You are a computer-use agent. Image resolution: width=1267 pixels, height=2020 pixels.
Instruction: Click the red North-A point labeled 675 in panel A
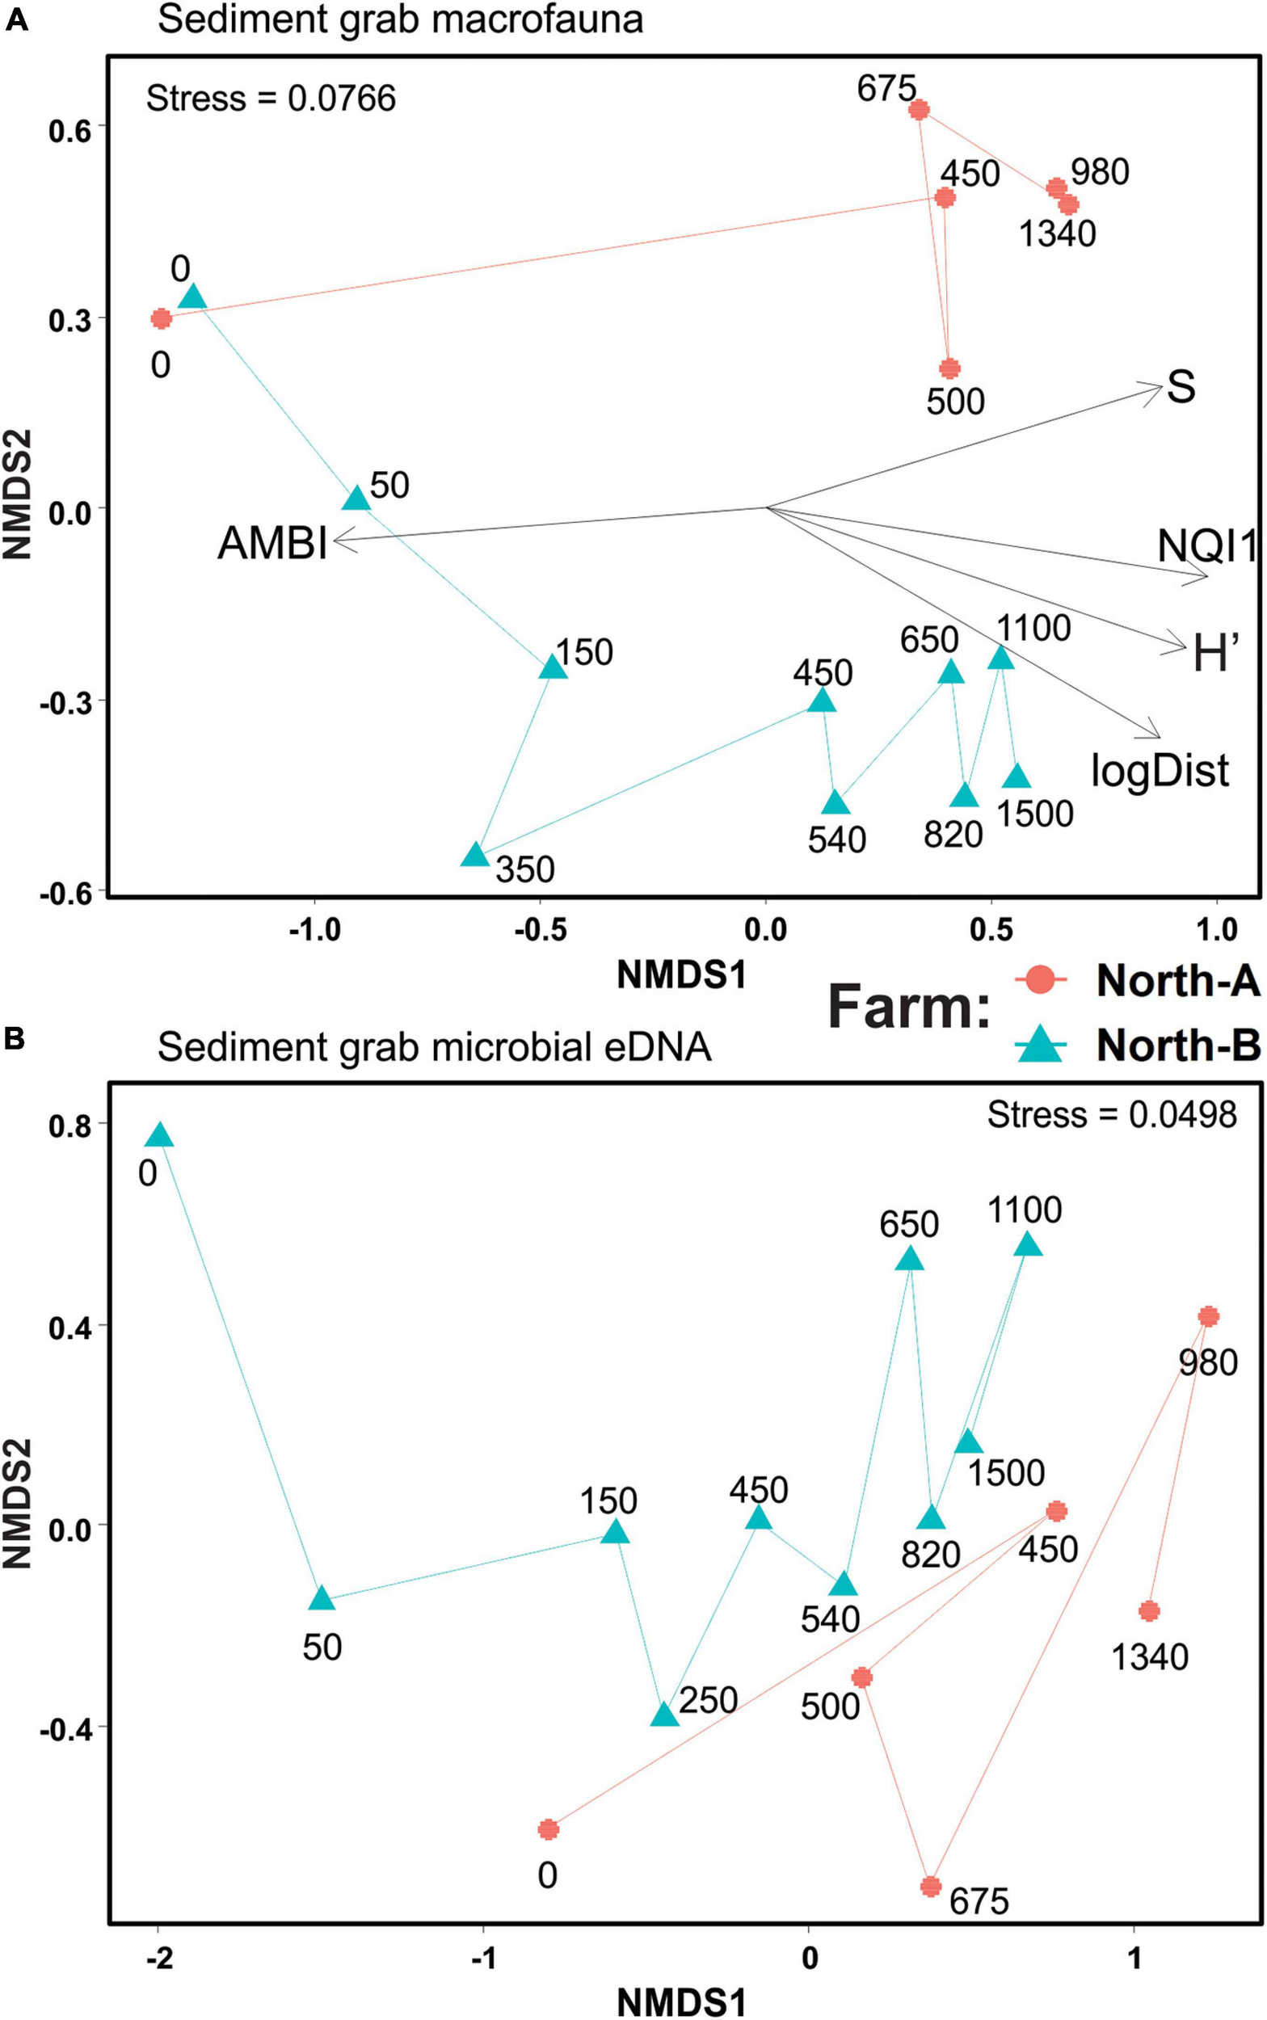[919, 110]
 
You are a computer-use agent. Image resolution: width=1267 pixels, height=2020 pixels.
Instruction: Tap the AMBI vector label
[272, 544]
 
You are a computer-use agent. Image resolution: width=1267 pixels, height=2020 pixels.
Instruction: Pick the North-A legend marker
[1040, 979]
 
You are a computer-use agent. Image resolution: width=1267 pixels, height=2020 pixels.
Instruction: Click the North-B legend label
[1177, 1045]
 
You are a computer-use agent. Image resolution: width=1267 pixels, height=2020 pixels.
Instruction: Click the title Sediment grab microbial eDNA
[434, 1047]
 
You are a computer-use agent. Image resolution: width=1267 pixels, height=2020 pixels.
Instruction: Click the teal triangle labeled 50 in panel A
[356, 499]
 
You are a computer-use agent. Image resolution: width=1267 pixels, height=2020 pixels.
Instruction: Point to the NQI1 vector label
[1206, 547]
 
